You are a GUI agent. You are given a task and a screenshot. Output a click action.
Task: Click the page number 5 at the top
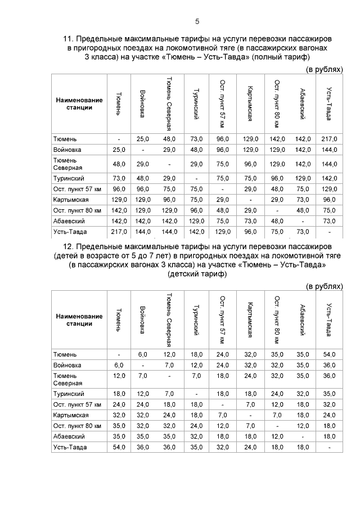197,21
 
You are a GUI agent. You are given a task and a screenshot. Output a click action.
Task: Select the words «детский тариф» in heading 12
197,274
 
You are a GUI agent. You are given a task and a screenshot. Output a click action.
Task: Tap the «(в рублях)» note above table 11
323,69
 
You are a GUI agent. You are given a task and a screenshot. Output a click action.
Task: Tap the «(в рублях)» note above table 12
323,286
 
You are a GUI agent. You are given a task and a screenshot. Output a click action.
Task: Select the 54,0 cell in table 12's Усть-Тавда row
119,448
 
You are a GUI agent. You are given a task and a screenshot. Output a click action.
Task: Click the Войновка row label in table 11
67,150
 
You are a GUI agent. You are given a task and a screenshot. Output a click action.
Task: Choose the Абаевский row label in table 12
68,436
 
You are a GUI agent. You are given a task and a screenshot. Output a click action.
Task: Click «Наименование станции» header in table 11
79,103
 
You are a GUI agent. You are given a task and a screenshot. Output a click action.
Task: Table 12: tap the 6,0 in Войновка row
119,365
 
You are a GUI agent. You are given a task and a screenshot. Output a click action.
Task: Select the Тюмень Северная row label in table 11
68,164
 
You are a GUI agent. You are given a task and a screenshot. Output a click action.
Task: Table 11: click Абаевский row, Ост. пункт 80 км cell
276,221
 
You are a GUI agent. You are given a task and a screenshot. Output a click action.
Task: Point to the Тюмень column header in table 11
119,103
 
